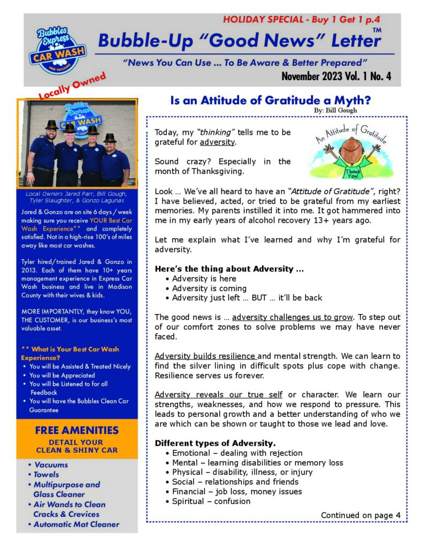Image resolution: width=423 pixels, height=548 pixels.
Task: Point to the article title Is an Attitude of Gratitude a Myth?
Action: pyautogui.click(x=270, y=100)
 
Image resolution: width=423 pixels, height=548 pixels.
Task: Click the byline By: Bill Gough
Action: pyautogui.click(x=335, y=110)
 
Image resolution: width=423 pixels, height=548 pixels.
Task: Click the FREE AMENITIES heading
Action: pyautogui.click(x=76, y=430)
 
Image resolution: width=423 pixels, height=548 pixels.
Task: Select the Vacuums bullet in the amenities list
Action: pyautogui.click(x=50, y=465)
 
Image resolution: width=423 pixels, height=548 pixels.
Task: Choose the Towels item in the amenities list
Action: pyautogui.click(x=46, y=475)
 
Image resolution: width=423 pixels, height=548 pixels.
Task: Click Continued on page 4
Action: pyautogui.click(x=360, y=515)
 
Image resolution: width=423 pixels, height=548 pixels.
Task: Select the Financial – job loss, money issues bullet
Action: pyautogui.click(x=236, y=491)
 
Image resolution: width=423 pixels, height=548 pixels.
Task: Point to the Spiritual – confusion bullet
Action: pyautogui.click(x=211, y=501)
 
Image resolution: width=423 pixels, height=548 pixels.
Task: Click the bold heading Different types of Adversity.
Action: pyautogui.click(x=215, y=443)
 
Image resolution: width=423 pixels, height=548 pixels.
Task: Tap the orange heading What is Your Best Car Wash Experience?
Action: pyautogui.click(x=70, y=353)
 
